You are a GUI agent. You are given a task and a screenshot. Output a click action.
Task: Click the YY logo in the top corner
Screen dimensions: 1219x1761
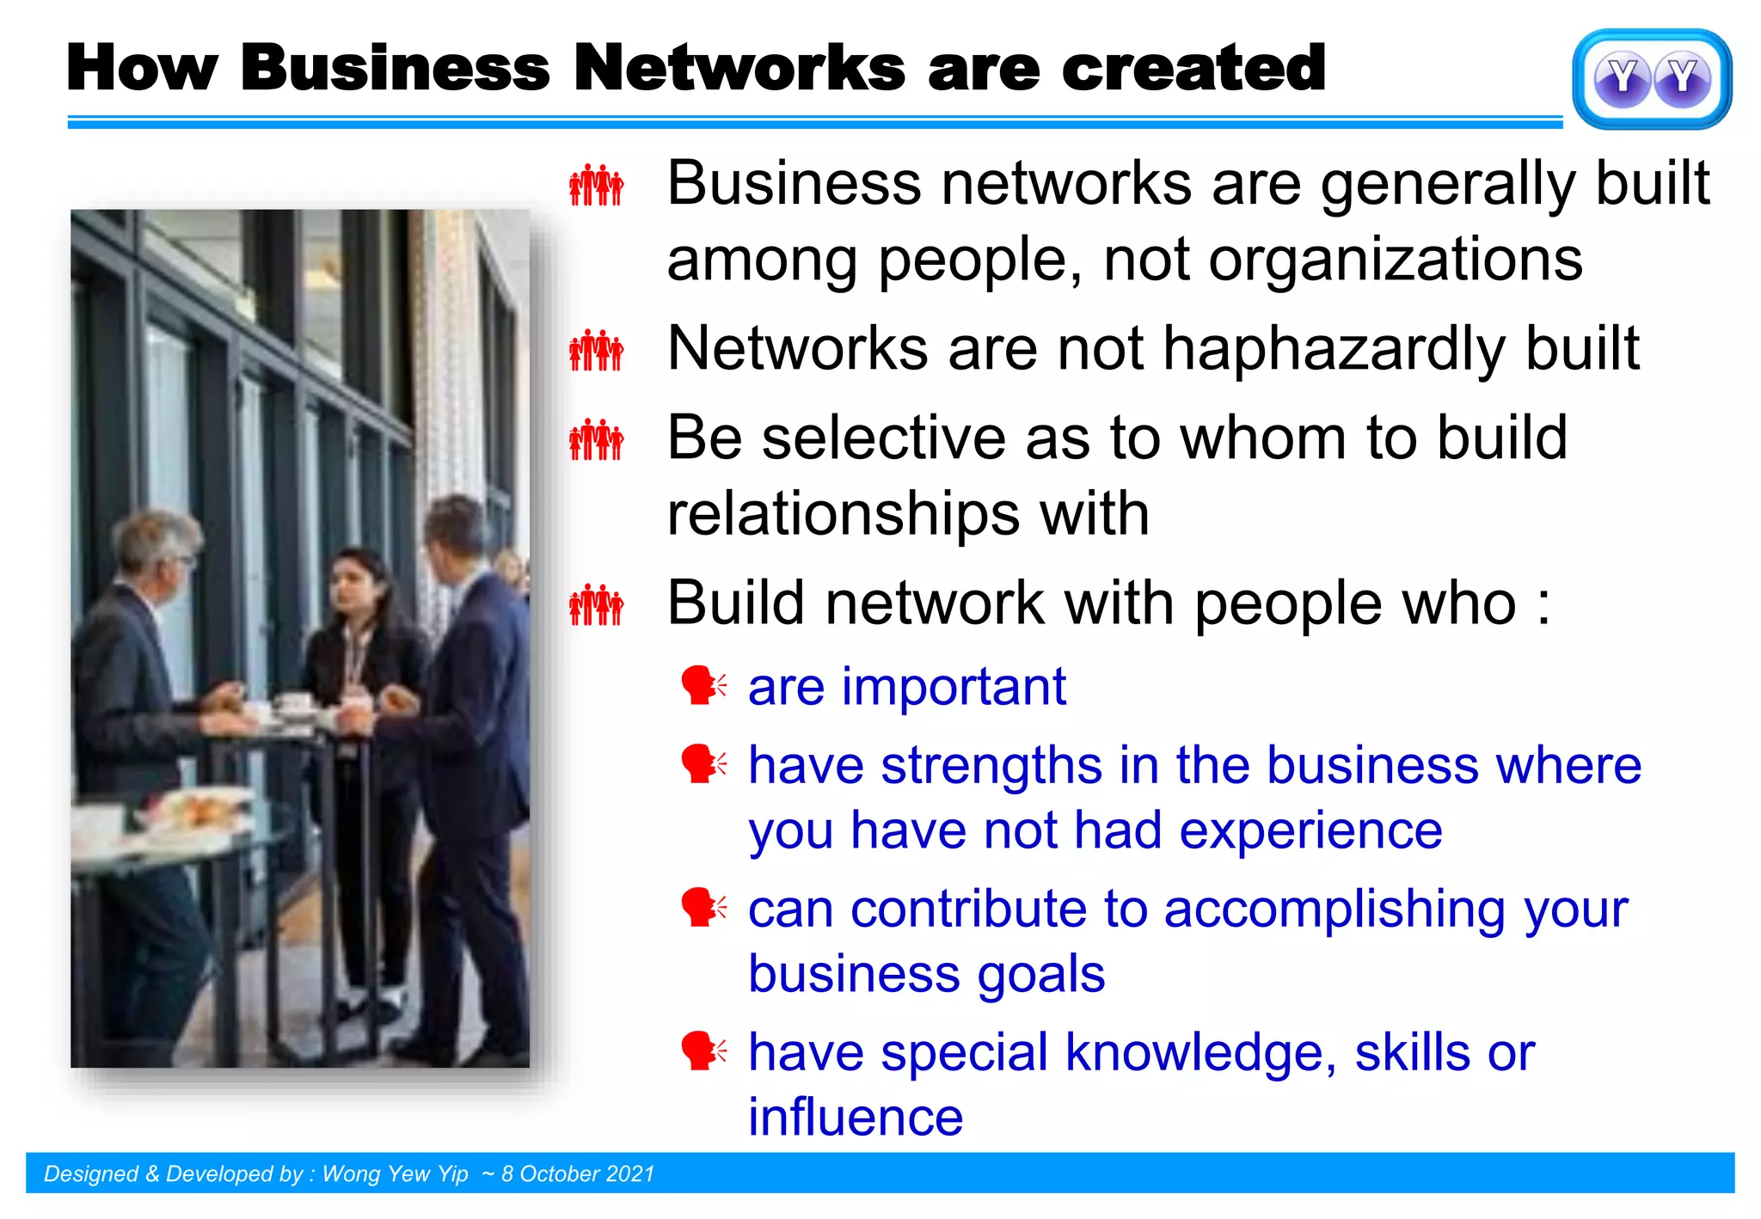point(1652,79)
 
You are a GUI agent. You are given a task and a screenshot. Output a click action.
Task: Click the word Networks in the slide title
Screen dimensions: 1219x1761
point(739,68)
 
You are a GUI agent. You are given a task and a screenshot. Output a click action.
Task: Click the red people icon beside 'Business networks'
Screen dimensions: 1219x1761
point(596,185)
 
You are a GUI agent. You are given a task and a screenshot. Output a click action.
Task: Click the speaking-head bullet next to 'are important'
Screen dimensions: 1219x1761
point(703,686)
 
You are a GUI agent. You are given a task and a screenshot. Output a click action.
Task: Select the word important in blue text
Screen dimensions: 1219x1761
point(954,687)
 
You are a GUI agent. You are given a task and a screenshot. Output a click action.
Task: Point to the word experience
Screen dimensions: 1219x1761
point(1310,831)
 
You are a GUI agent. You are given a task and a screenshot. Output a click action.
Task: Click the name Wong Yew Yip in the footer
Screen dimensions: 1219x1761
point(395,1174)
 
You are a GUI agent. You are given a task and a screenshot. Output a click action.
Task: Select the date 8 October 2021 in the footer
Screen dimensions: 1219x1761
point(578,1174)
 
